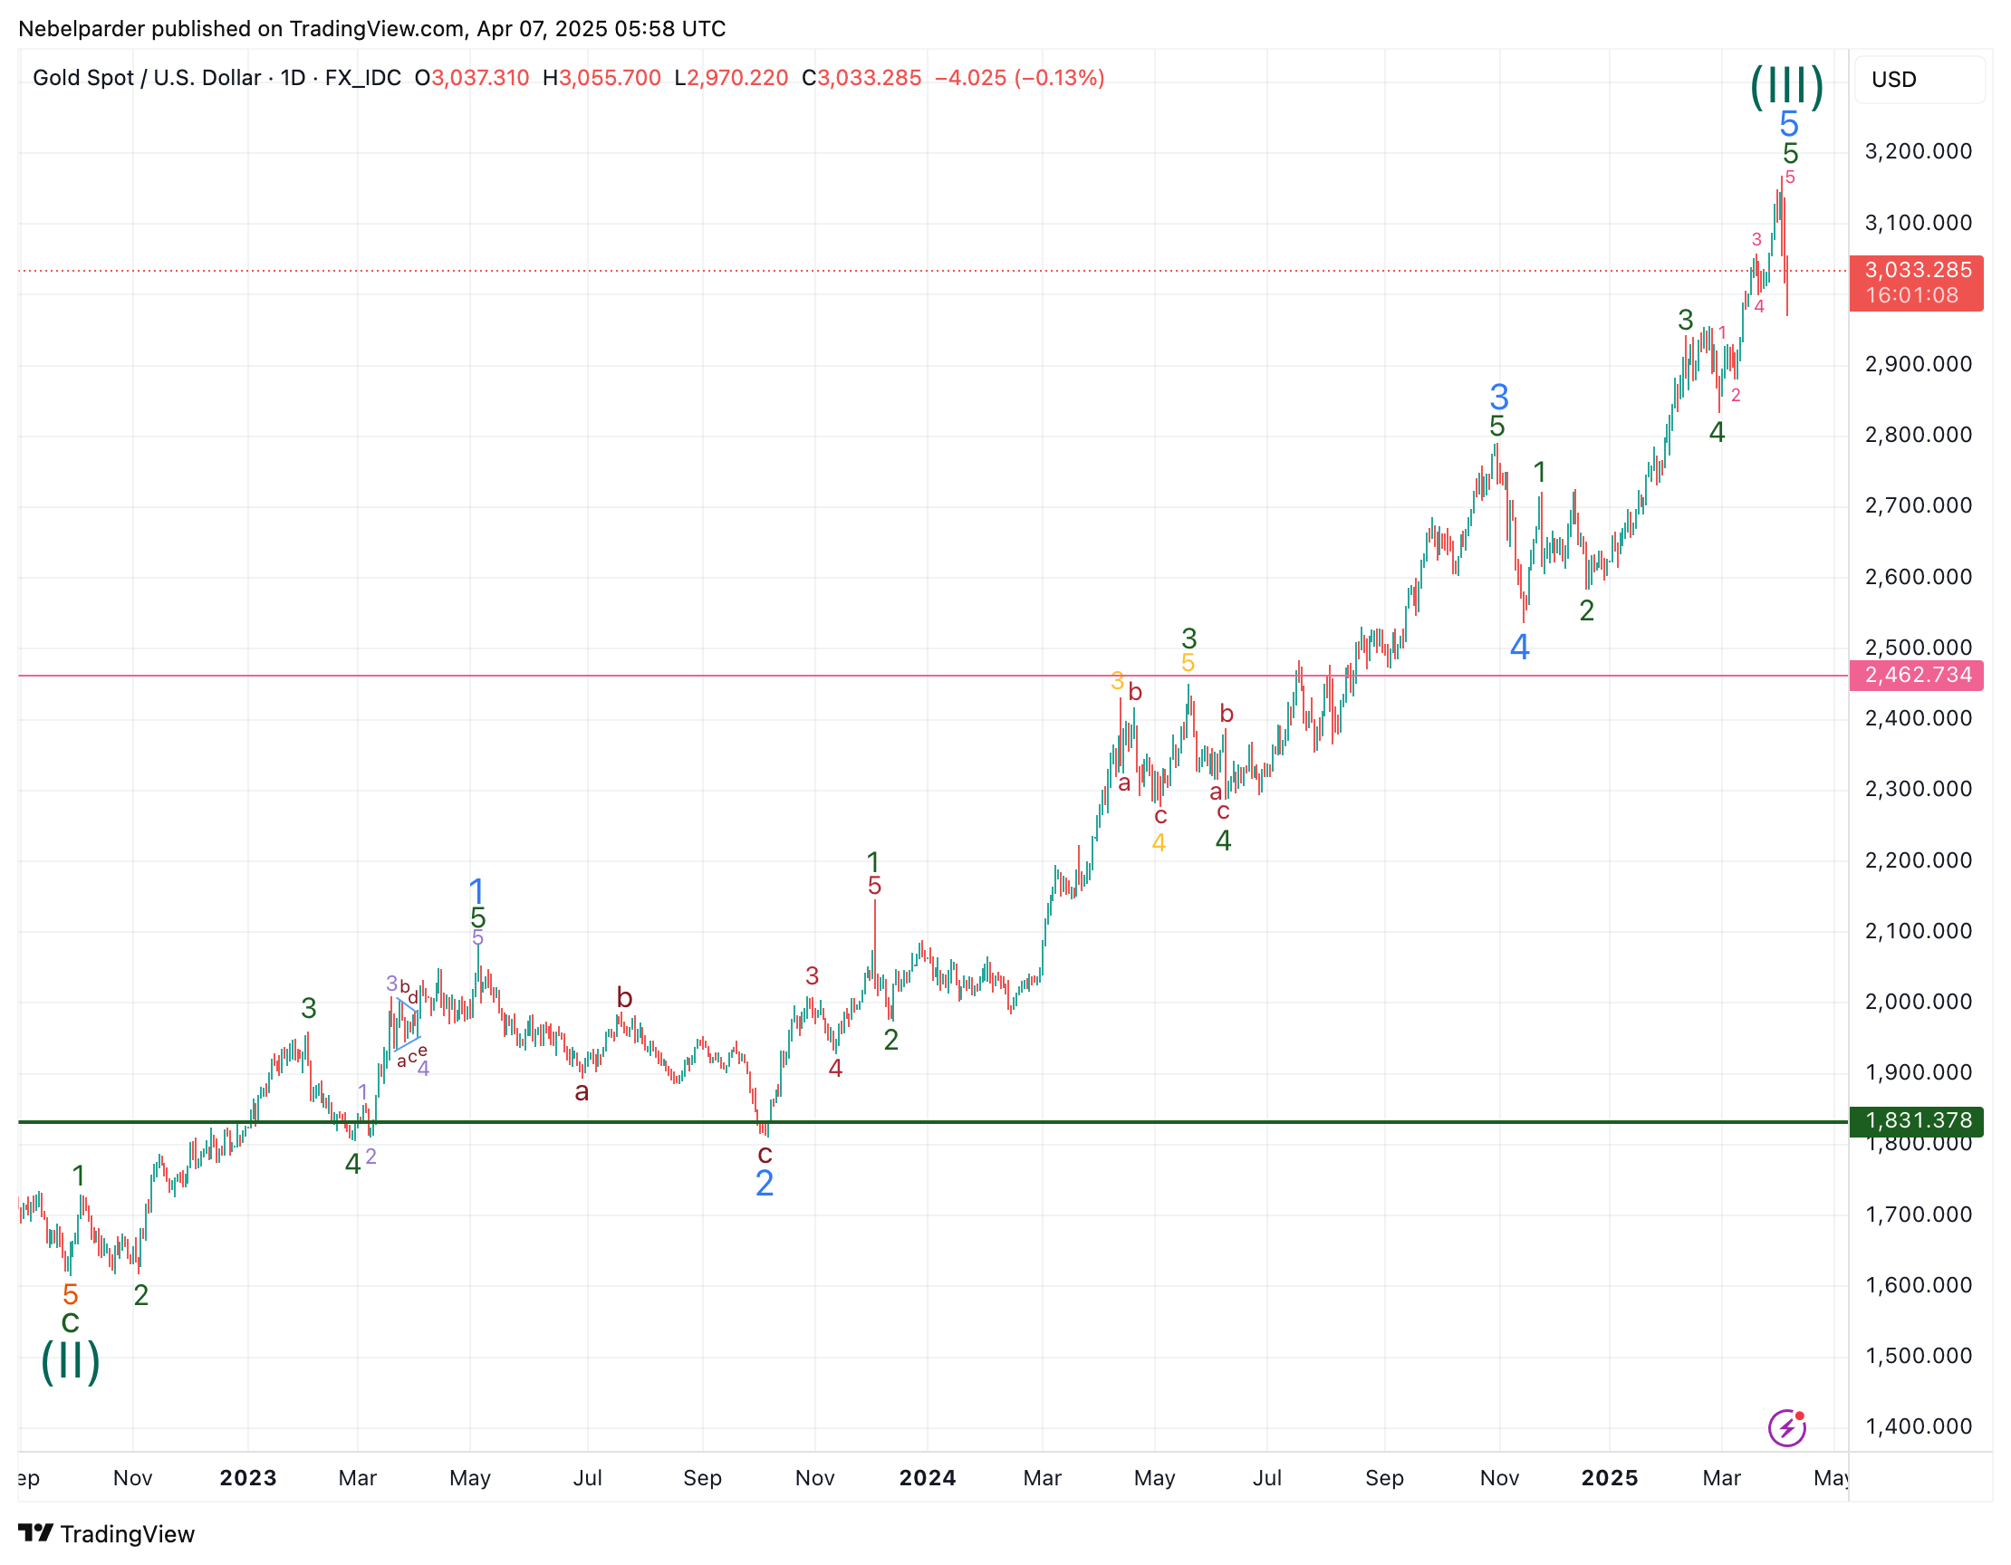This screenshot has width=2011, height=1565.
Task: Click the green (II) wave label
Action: pos(70,1361)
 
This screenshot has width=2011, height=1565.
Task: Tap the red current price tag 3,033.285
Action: pos(1917,283)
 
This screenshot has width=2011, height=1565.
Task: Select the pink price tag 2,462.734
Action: pos(1917,675)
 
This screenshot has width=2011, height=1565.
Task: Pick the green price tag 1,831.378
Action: pos(1917,1120)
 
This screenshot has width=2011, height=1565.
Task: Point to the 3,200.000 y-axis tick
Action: pos(1918,151)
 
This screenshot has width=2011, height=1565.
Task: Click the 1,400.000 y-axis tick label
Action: pos(1918,1426)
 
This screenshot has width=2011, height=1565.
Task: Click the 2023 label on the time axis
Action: pos(247,1477)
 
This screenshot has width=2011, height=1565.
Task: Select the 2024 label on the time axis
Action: pos(928,1477)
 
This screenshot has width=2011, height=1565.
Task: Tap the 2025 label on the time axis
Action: pos(1610,1477)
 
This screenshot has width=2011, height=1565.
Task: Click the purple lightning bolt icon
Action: pos(1786,1428)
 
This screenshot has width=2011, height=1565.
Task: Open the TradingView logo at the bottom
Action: pos(107,1533)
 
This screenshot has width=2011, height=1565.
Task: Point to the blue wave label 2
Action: pos(765,1183)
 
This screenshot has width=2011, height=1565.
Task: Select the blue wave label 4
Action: pos(1519,648)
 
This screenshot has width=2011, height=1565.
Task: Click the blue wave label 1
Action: pos(476,890)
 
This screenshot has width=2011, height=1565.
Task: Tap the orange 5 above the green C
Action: pos(70,1294)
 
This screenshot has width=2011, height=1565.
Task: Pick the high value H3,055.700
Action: pos(602,78)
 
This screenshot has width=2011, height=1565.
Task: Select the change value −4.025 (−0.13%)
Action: pos(1019,78)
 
